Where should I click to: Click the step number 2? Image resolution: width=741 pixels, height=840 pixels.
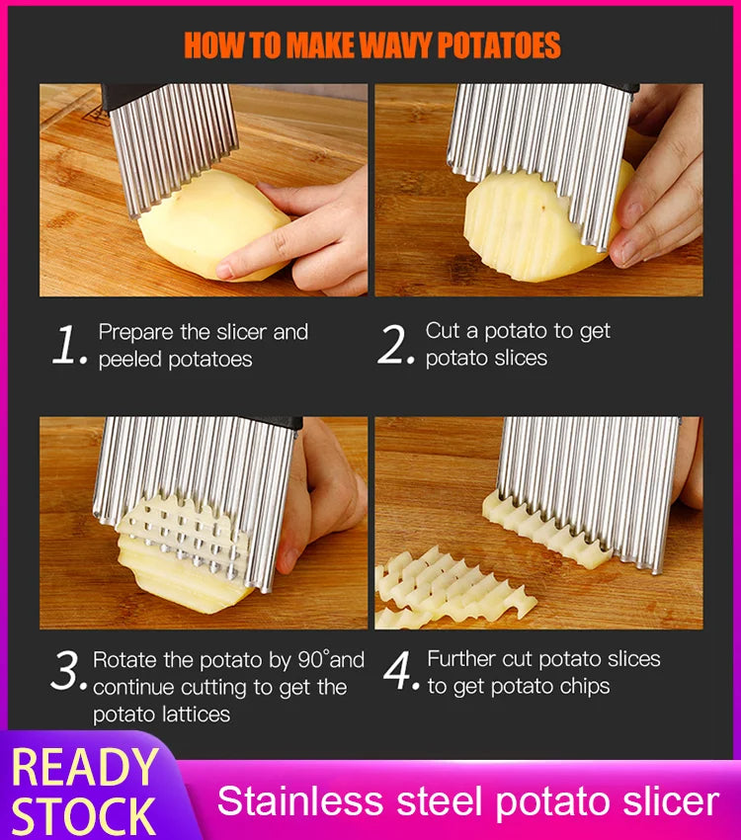pyautogui.click(x=395, y=346)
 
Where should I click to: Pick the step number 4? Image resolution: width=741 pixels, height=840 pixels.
pyautogui.click(x=400, y=672)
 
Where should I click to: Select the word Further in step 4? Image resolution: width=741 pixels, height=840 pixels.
pyautogui.click(x=461, y=659)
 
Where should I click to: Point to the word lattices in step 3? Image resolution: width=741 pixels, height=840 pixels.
pyautogui.click(x=194, y=714)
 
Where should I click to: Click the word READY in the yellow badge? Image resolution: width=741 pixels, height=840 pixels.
pyautogui.click(x=84, y=768)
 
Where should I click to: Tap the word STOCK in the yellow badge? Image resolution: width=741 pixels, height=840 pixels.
pyautogui.click(x=84, y=816)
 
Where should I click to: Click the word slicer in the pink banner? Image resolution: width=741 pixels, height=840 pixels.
pyautogui.click(x=665, y=800)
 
